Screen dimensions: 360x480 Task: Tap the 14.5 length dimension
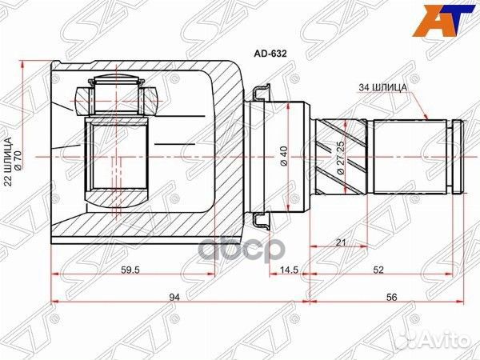point(289,270)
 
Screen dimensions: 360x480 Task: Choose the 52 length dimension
point(387,270)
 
